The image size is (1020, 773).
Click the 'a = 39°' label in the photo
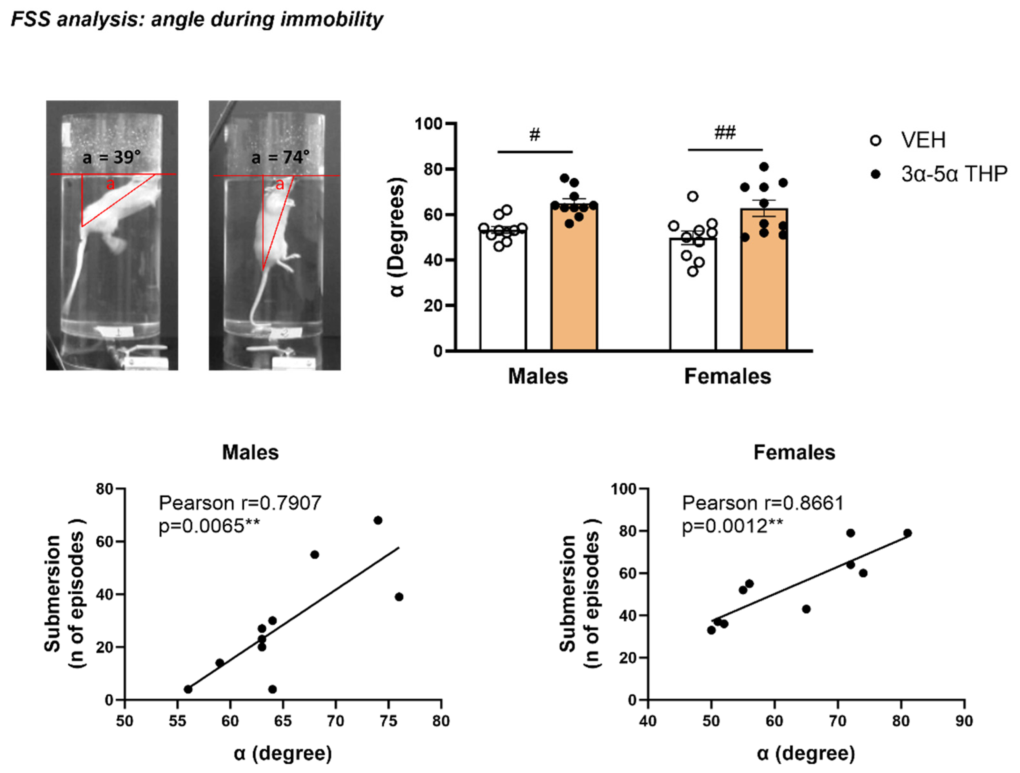[111, 158]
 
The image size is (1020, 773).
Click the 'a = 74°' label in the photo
[280, 158]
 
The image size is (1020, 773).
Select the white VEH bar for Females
[692, 295]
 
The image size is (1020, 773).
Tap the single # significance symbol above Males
[535, 135]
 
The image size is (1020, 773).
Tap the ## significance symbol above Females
[725, 133]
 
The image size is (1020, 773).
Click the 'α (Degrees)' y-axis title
[397, 237]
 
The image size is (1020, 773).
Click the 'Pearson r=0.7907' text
[240, 503]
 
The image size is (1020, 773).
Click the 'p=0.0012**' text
[732, 526]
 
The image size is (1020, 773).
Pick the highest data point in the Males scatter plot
[378, 520]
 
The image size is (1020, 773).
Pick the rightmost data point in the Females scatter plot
[907, 533]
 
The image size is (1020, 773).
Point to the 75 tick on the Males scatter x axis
[388, 721]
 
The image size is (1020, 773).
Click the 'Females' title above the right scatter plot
[794, 452]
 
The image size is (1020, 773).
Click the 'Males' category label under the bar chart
[538, 376]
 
